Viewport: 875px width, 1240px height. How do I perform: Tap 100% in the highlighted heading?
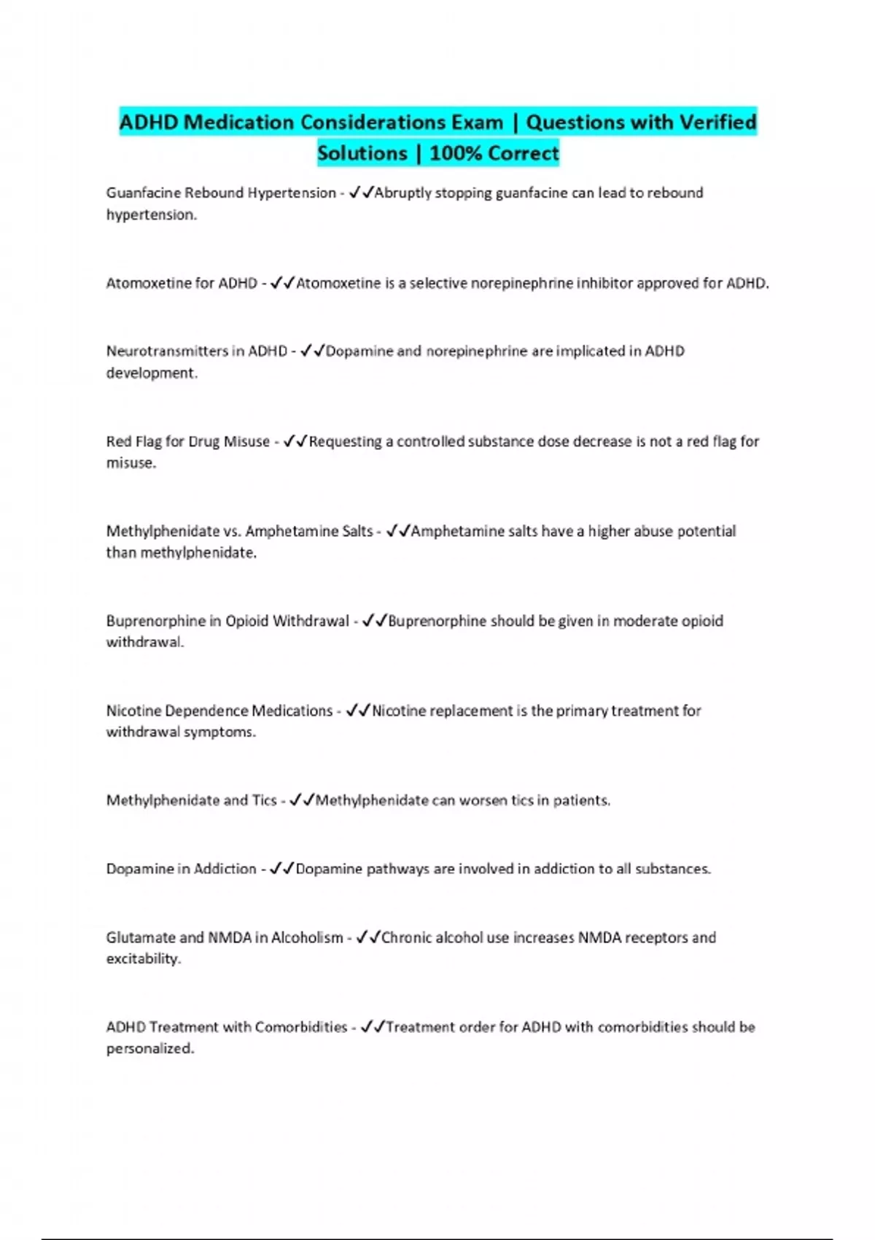tap(455, 153)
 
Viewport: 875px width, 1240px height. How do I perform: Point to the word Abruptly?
tap(403, 193)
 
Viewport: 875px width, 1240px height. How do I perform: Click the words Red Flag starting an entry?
tap(133, 441)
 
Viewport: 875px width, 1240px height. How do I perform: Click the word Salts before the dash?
tap(357, 531)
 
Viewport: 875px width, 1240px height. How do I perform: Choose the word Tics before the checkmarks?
tap(264, 800)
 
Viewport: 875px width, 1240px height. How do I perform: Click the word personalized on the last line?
tap(149, 1048)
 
